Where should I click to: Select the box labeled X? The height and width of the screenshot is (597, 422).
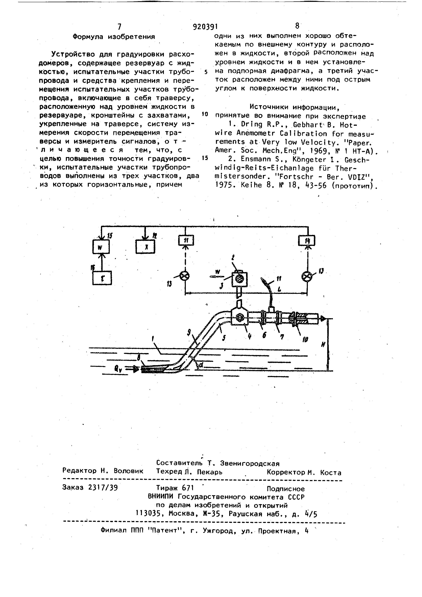145,246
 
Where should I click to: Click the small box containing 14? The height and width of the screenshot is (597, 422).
307,241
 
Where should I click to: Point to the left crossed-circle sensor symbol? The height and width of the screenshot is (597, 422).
185,276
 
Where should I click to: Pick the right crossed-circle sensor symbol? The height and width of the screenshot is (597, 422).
307,276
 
